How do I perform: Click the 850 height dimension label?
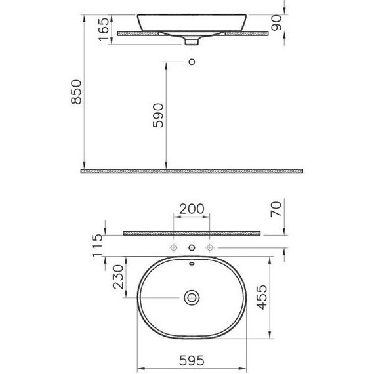[x=76, y=92]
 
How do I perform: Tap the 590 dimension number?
[x=158, y=115]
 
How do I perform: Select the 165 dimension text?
[x=104, y=30]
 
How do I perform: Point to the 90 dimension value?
[x=276, y=23]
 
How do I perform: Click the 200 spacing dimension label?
[x=192, y=209]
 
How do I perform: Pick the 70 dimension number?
[x=276, y=209]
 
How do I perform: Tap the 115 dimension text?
[x=97, y=245]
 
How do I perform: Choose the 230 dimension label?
[x=118, y=277]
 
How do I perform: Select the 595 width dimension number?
[x=192, y=361]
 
